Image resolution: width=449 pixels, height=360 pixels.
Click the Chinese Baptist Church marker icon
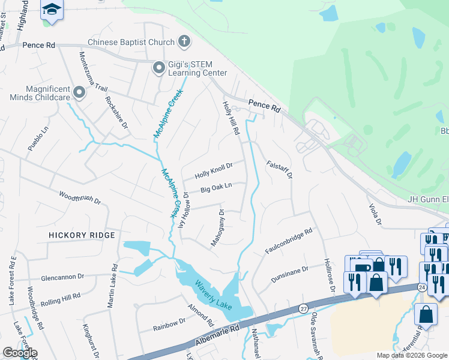tap(184, 42)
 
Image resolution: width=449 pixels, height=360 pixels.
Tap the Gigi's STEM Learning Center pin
tap(159, 68)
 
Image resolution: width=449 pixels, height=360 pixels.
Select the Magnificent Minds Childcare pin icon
tap(79, 92)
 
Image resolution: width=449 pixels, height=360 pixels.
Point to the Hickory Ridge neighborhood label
tap(82, 235)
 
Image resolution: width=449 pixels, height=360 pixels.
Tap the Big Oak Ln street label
tap(216, 188)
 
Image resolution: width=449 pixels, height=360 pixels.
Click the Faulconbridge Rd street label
tap(289, 240)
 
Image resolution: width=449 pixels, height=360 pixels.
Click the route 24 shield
tap(422, 287)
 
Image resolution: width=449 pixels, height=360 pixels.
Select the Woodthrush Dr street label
tap(79, 197)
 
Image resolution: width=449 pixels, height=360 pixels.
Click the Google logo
tap(20, 353)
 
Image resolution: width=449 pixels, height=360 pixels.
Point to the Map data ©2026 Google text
tap(411, 355)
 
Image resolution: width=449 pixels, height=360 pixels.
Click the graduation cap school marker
tap(52, 10)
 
